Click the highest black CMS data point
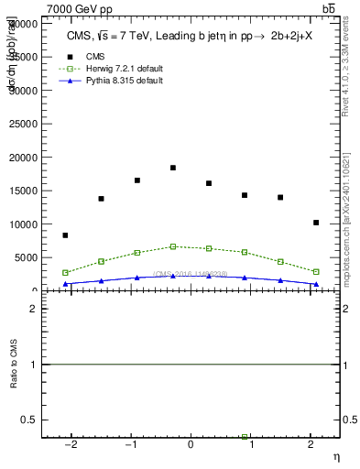(172, 168)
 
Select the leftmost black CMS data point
(65, 235)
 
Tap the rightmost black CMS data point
(316, 223)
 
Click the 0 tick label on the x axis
(191, 445)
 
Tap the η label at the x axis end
(335, 455)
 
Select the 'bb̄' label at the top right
(329, 8)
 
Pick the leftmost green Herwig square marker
(65, 272)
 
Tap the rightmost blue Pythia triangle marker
(316, 284)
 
